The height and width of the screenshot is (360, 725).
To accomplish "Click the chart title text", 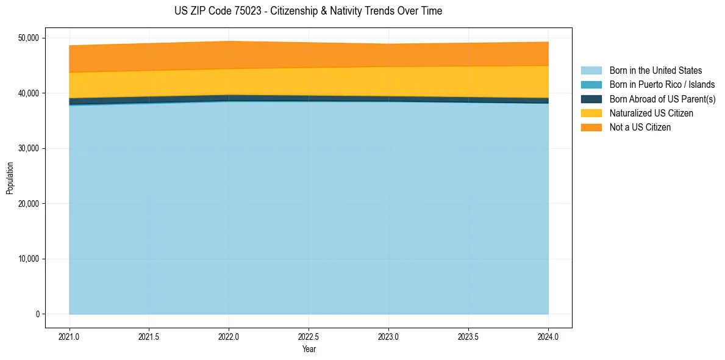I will pos(308,11).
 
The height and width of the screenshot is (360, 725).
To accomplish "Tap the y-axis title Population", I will pos(10,178).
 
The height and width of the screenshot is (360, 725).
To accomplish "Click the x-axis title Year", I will pos(309,349).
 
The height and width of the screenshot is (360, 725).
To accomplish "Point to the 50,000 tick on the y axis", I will pos(29,38).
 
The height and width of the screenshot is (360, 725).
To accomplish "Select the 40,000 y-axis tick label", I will pos(29,93).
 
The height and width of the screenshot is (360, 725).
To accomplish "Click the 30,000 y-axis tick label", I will pos(29,148).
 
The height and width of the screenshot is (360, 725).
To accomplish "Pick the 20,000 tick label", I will pos(29,204).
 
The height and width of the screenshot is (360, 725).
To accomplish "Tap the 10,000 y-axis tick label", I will pos(29,259).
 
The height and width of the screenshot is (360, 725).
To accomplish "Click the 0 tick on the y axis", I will pos(37,314).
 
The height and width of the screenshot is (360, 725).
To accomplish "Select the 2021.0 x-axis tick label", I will pos(70,336).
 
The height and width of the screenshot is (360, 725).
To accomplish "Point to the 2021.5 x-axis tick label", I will pos(149,336).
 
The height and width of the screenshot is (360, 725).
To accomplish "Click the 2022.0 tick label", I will pos(229,336).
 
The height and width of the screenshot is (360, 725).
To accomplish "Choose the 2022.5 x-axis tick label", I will pos(309,336).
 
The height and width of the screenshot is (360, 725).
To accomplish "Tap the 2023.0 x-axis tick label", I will pos(388,336).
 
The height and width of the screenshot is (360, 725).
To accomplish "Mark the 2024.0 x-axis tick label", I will pos(548,336).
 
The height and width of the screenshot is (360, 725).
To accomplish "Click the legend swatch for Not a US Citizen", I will pos(591,128).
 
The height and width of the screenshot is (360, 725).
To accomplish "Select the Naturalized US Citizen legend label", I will pos(651,113).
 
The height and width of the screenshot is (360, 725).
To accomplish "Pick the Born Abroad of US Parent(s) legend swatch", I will pos(591,99).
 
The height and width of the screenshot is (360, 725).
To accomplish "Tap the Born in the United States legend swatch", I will pos(591,71).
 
